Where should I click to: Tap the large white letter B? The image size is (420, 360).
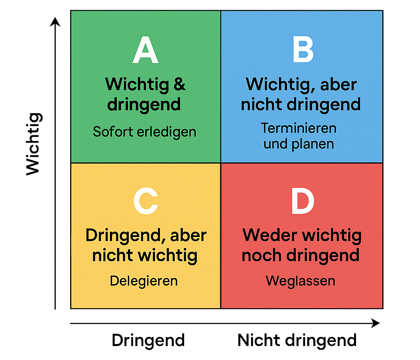(303, 50)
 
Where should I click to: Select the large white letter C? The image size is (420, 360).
(146, 201)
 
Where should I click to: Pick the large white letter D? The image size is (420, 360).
(303, 201)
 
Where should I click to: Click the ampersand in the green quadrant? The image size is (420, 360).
(180, 84)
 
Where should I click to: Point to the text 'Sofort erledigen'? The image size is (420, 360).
(144, 132)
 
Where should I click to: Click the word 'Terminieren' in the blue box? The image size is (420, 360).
(299, 128)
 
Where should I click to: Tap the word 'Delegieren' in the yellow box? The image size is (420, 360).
(144, 281)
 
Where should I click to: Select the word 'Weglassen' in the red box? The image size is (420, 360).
(301, 281)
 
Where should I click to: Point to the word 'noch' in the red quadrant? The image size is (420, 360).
(262, 255)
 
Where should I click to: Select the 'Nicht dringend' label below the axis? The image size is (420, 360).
(297, 341)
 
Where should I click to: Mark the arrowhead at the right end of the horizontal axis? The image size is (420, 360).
(376, 324)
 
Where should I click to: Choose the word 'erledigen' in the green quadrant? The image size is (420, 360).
(167, 132)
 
